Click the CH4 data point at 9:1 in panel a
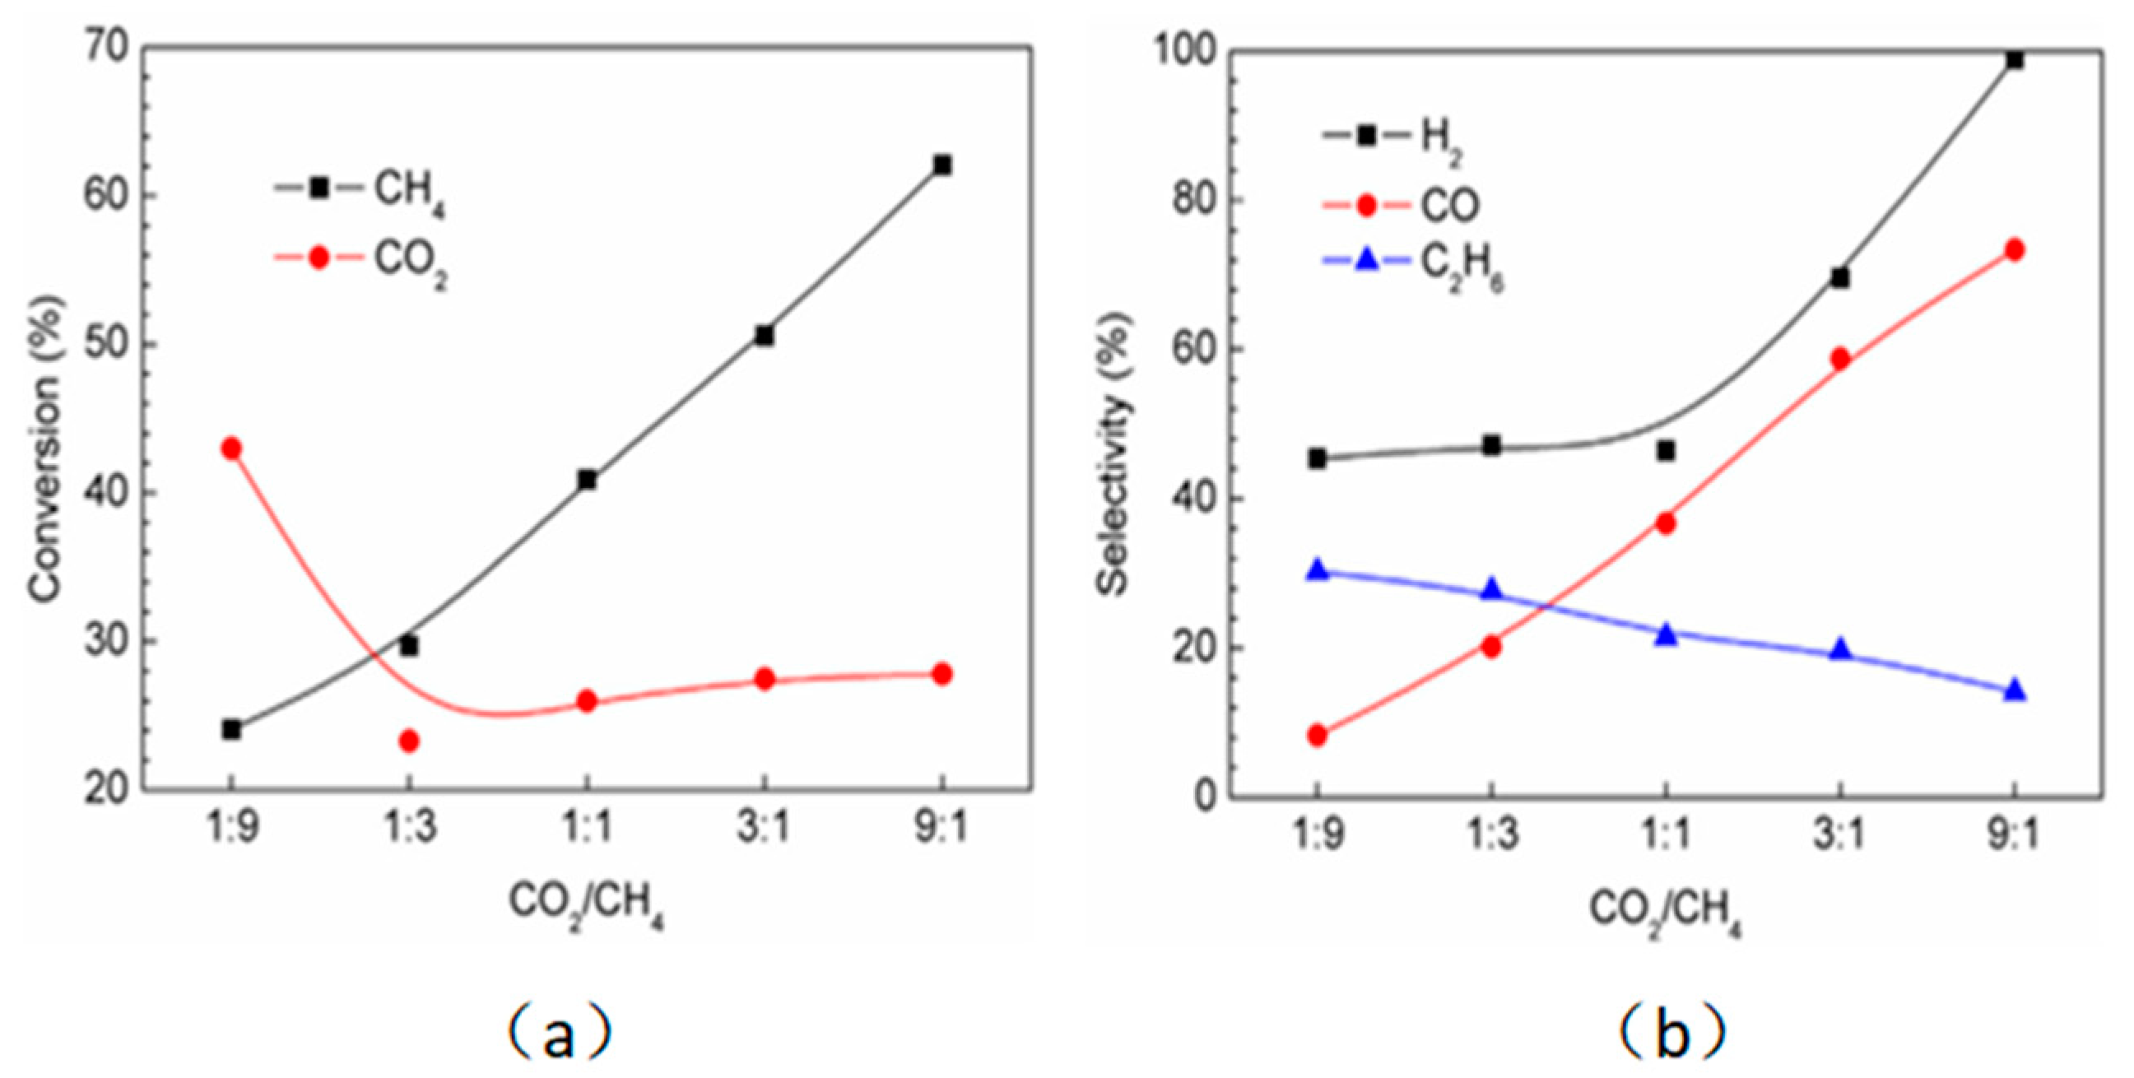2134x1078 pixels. click(x=942, y=165)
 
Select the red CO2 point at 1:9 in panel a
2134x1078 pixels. click(x=231, y=448)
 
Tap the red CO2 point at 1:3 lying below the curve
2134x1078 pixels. click(x=408, y=741)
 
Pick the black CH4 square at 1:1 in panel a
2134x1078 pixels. click(x=587, y=480)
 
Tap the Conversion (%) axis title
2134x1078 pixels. click(x=46, y=448)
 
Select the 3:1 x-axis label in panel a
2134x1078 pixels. click(x=764, y=829)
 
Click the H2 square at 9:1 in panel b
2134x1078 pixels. click(x=2015, y=59)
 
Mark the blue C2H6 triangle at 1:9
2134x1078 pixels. click(x=1317, y=570)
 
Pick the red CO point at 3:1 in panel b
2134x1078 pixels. click(x=1840, y=358)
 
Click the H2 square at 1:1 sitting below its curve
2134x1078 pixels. click(x=1666, y=451)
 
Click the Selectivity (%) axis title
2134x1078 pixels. click(x=1114, y=452)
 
